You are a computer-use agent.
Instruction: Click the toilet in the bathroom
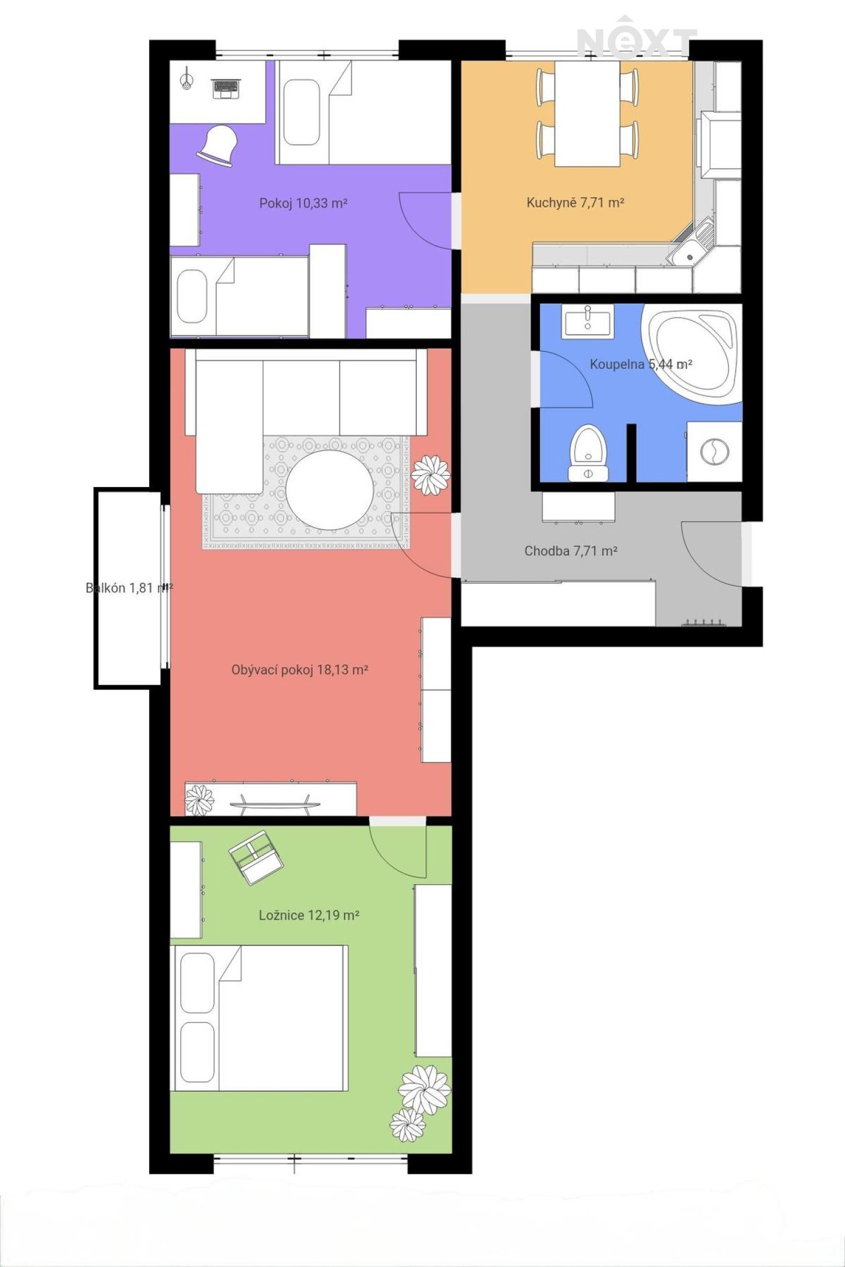point(588,453)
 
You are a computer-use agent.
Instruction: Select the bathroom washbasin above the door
point(588,322)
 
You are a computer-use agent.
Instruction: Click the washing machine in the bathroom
point(714,452)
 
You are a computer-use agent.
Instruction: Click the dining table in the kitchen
point(587,113)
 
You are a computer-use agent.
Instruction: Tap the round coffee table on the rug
point(330,489)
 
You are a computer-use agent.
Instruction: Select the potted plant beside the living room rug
point(430,475)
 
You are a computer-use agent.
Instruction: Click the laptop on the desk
point(225,88)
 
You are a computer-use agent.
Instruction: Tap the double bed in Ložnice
point(259,1018)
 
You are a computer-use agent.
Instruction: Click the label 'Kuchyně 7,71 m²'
point(575,202)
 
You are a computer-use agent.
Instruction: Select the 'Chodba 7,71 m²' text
point(571,551)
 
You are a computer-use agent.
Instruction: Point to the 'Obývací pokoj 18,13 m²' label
point(300,670)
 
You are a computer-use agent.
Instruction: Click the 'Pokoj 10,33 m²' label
point(303,203)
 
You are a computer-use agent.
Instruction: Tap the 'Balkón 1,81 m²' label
point(129,588)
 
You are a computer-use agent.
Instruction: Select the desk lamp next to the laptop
point(186,78)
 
